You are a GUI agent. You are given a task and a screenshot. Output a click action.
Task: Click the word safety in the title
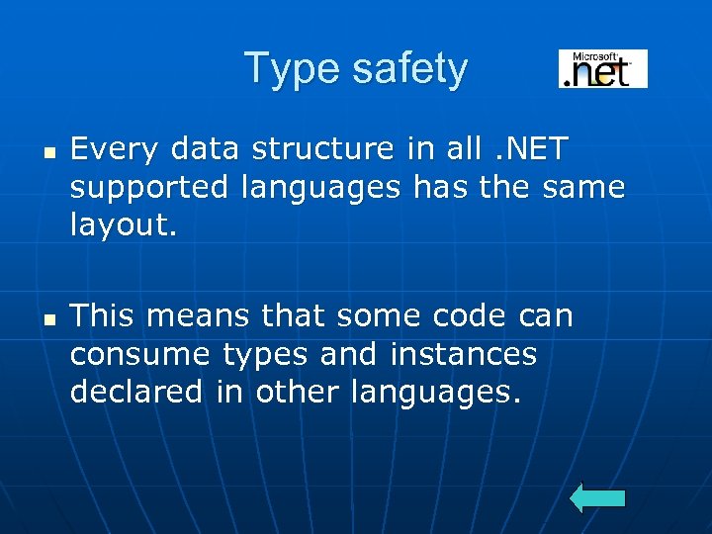click(x=405, y=69)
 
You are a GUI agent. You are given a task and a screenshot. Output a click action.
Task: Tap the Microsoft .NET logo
click(x=602, y=69)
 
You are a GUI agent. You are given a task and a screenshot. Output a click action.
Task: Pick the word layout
click(x=123, y=225)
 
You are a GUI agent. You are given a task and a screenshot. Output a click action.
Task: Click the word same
click(x=583, y=187)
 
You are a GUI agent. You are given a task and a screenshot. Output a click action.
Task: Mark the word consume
click(x=138, y=354)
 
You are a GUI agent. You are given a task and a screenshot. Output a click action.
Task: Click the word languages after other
click(x=434, y=393)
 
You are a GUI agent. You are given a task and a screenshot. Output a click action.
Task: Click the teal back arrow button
click(x=598, y=497)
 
